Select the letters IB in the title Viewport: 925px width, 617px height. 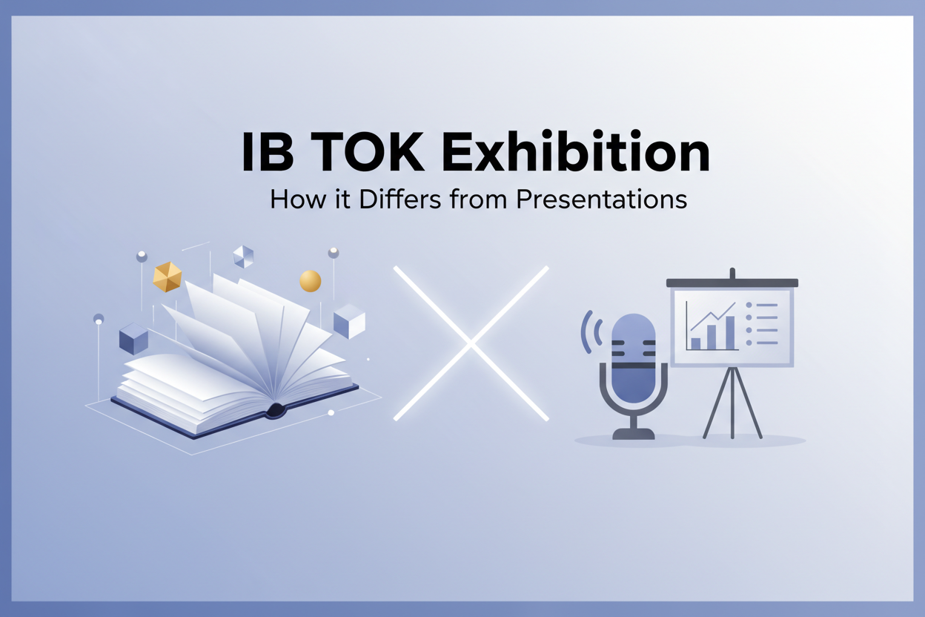click(266, 153)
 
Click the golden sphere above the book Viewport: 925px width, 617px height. click(310, 281)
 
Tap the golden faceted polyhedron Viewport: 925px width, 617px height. click(168, 277)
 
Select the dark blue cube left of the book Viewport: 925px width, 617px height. click(133, 338)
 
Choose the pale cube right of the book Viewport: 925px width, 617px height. click(349, 321)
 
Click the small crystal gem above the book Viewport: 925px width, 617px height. click(243, 257)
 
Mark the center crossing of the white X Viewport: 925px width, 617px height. click(471, 343)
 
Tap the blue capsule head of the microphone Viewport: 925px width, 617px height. click(634, 349)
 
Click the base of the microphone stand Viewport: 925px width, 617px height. click(634, 434)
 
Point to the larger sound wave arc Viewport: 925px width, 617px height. click(586, 331)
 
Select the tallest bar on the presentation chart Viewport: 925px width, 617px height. click(730, 332)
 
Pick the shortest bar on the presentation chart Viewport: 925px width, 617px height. click(695, 343)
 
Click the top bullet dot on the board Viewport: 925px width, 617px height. click(749, 305)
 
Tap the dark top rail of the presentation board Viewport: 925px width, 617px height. click(732, 283)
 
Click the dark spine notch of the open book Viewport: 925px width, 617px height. click(276, 409)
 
